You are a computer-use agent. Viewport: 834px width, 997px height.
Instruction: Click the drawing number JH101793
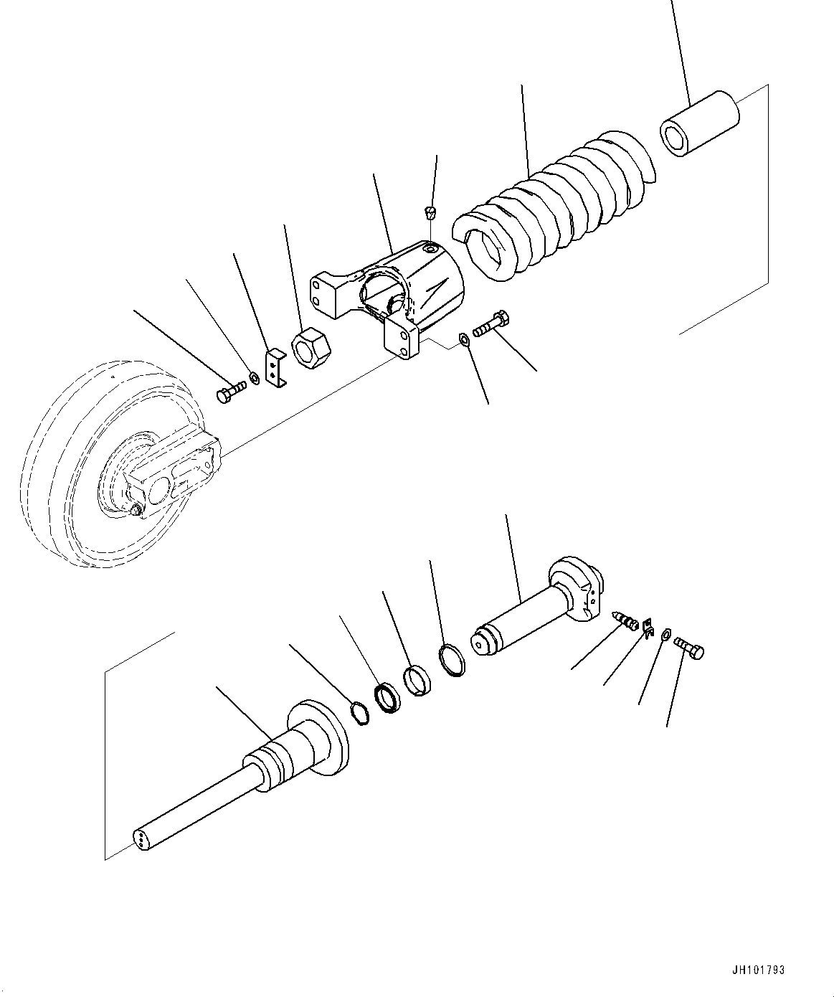[757, 970]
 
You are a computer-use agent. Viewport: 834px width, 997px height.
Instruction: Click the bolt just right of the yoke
[491, 323]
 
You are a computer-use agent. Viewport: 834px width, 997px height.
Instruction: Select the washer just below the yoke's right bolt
[465, 339]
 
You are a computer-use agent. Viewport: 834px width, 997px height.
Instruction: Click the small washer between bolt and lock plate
[254, 377]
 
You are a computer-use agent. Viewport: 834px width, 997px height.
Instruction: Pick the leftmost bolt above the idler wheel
[229, 390]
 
